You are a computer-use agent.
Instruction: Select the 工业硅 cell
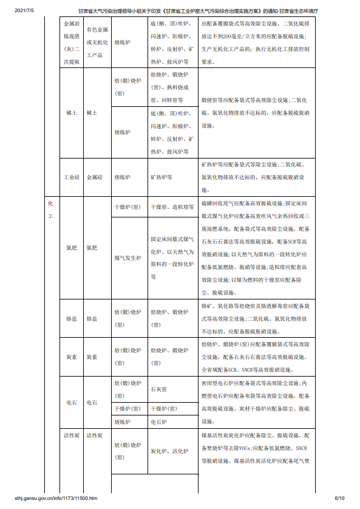[x=72, y=177]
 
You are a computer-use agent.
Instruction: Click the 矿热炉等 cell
[x=161, y=177]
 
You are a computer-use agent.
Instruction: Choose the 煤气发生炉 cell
[x=127, y=258]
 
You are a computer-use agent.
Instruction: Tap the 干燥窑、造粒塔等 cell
[x=172, y=207]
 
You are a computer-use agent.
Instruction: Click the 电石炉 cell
[x=158, y=421]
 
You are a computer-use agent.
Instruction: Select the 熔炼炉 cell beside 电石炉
[x=123, y=421]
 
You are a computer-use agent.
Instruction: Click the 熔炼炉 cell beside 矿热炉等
[x=123, y=177]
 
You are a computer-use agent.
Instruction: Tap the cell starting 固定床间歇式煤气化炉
[x=172, y=258]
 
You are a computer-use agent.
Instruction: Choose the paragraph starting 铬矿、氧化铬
[x=255, y=319]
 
